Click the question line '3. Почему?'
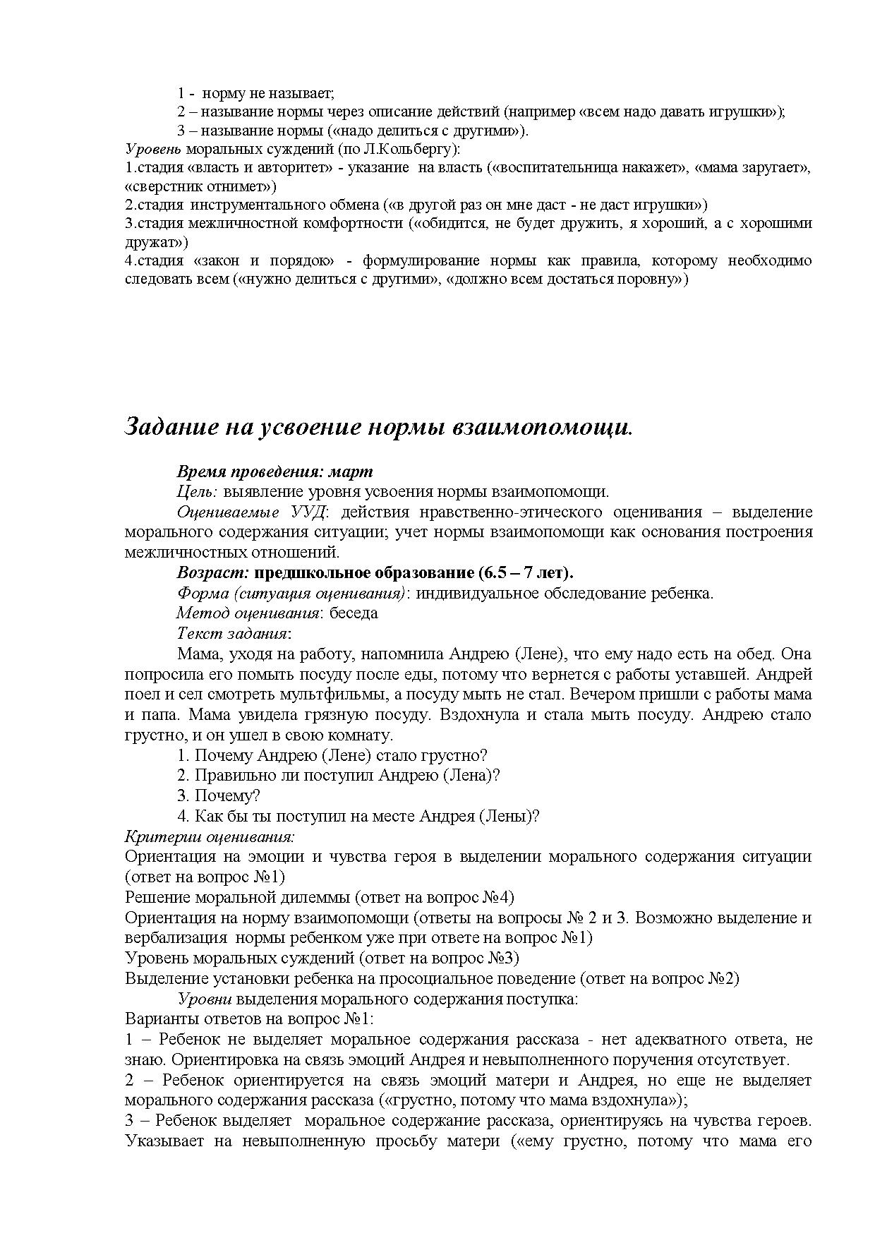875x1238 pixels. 219,795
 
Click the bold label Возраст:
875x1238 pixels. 212,572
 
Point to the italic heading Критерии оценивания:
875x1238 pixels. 210,836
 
